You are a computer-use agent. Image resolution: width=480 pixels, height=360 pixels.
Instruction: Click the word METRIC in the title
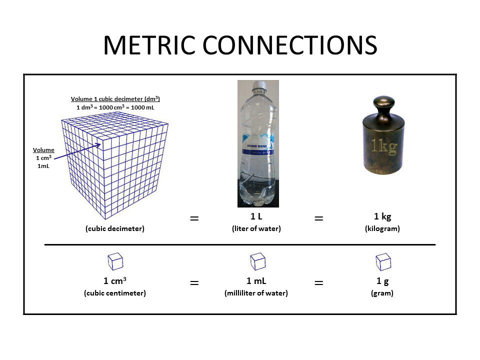(x=149, y=45)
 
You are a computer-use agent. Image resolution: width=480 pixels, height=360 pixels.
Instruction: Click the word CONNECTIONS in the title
(x=290, y=45)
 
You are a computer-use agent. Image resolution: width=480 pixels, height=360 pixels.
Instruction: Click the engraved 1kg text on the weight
(x=384, y=146)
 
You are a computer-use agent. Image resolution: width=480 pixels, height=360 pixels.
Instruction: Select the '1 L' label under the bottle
(x=256, y=216)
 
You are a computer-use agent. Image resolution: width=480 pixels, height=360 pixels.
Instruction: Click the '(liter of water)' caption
(x=256, y=228)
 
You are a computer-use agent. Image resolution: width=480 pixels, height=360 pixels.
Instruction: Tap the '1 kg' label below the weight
(x=382, y=216)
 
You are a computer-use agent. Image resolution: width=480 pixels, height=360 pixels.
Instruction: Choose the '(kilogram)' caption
(x=382, y=228)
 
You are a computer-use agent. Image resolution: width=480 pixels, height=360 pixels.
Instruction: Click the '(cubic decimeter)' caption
(x=115, y=228)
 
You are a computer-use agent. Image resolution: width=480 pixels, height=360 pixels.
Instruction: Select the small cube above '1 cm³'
(x=115, y=261)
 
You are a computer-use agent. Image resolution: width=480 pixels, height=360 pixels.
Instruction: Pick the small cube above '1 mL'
(x=258, y=261)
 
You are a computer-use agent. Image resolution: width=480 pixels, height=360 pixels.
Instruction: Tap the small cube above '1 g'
(x=383, y=262)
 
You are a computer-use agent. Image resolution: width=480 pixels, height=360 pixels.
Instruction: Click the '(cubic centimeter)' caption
(x=115, y=293)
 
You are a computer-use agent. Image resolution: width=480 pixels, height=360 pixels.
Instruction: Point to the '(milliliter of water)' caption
(x=256, y=293)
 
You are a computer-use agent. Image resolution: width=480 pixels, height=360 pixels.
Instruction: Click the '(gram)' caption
(x=382, y=293)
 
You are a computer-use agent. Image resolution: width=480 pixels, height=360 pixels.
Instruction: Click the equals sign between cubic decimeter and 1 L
(x=194, y=218)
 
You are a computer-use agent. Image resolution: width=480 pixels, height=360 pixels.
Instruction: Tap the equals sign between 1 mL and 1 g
(x=319, y=283)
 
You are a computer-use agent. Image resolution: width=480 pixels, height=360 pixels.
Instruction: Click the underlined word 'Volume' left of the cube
(x=43, y=150)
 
